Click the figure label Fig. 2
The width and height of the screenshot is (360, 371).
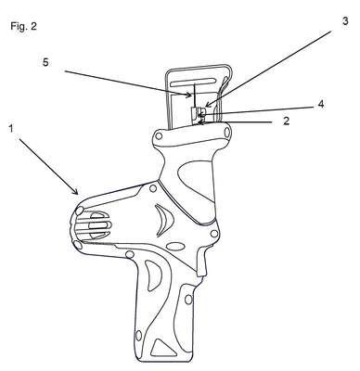pos(23,26)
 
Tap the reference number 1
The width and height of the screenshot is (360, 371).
pos(11,129)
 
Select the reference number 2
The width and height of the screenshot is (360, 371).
pos(287,121)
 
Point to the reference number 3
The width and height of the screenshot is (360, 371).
pos(345,21)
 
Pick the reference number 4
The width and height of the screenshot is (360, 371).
pos(321,104)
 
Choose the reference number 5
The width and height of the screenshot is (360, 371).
pos(45,62)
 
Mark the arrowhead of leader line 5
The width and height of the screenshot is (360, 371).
pos(189,96)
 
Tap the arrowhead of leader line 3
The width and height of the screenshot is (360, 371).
pos(207,106)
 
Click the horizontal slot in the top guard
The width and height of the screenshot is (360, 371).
pos(194,83)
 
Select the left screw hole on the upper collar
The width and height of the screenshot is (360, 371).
pos(159,135)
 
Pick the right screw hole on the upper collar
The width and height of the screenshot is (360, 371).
pos(226,133)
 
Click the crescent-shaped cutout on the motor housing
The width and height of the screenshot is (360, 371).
pos(164,221)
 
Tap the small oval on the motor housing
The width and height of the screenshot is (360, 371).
pos(175,247)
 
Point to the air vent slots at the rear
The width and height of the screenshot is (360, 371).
pos(95,225)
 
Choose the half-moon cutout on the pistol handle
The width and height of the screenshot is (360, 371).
pos(152,275)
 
